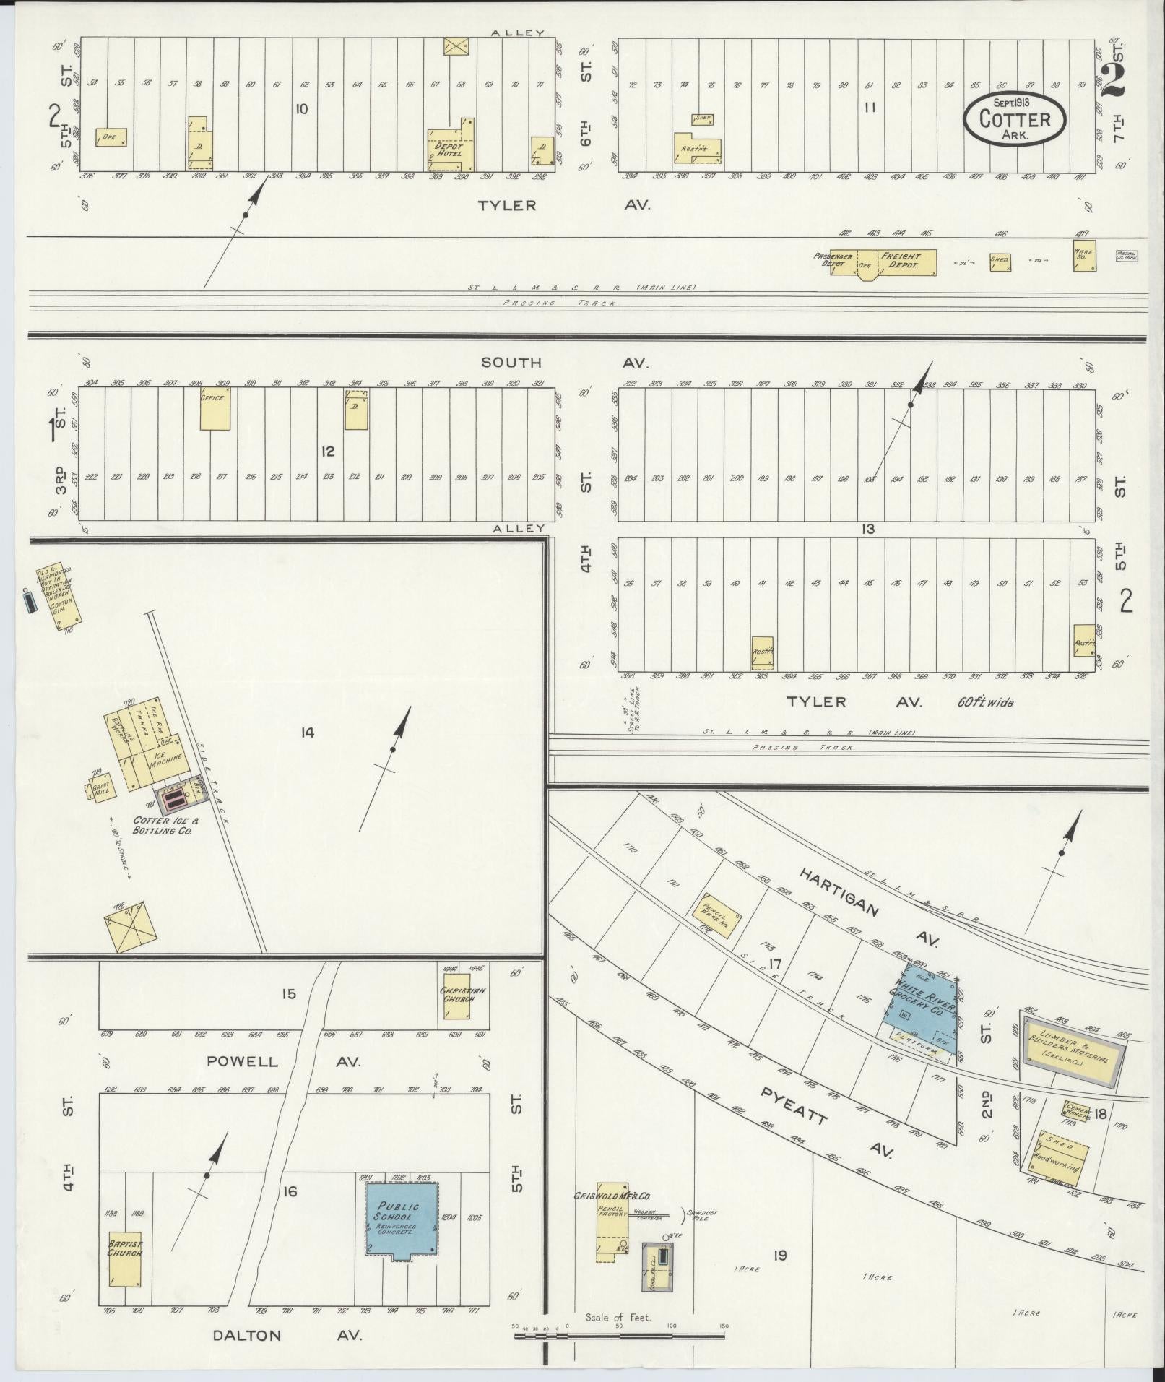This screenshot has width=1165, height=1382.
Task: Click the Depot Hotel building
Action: (x=450, y=149)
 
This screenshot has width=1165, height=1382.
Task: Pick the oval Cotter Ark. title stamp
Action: (x=1014, y=120)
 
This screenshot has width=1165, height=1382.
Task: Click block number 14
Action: (x=308, y=733)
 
